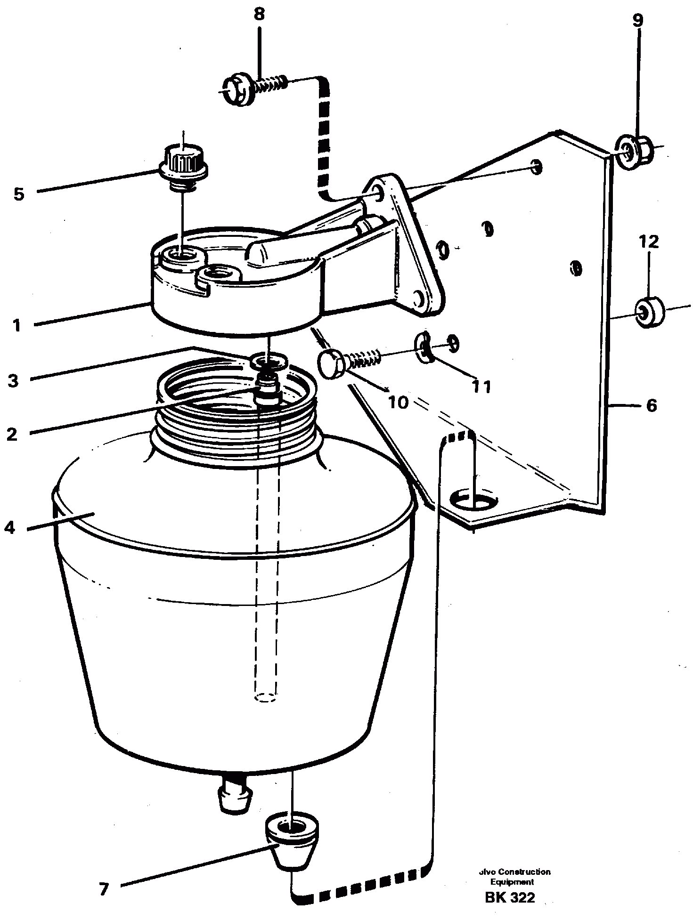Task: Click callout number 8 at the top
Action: tap(259, 15)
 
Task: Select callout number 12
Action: tap(649, 242)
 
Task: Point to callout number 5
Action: tap(18, 194)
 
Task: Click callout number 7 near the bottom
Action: tap(104, 888)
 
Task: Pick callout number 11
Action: tap(482, 387)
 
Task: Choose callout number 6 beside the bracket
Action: tap(652, 405)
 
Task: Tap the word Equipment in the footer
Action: tap(512, 882)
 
